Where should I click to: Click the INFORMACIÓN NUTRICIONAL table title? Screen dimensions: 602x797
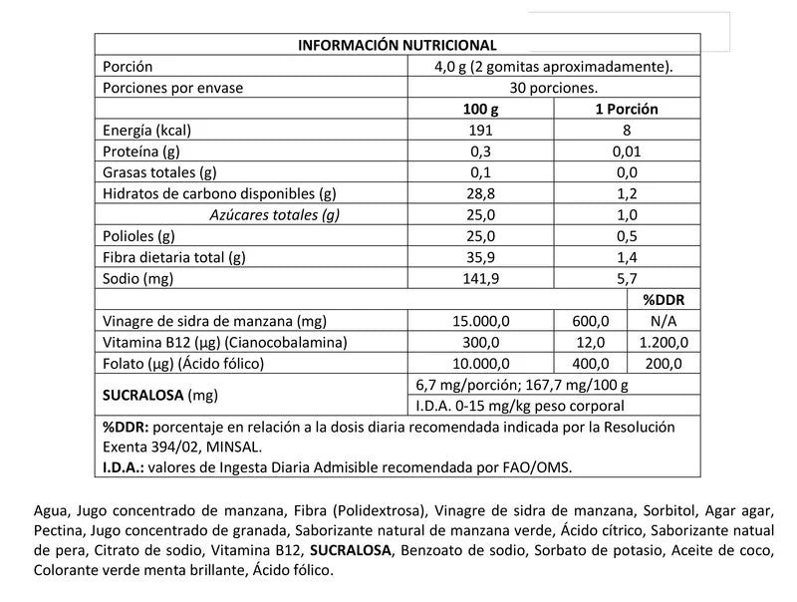(398, 45)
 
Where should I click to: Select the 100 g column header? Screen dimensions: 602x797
(482, 109)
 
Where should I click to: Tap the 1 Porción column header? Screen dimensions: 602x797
(626, 109)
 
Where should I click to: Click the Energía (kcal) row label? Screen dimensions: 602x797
(146, 130)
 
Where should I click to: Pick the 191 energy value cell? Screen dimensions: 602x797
(482, 130)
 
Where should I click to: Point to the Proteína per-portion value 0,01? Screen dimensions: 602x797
(626, 151)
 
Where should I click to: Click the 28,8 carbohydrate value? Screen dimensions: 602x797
(482, 193)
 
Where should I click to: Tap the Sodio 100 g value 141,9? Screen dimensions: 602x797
(482, 278)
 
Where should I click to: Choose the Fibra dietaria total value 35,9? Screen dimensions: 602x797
(482, 257)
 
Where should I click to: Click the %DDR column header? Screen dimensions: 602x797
(664, 300)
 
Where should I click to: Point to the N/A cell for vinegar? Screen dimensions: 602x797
(664, 321)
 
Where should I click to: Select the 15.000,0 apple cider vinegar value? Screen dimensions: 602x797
(482, 321)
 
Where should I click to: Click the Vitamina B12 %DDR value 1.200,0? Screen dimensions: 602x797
(664, 342)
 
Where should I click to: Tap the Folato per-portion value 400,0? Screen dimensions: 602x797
(591, 363)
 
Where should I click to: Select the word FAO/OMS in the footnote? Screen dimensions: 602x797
(538, 466)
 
